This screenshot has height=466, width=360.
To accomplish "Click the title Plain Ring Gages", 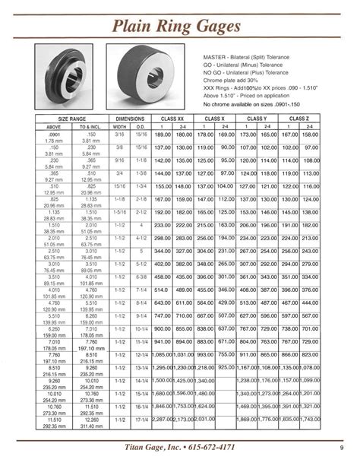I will click(178, 27).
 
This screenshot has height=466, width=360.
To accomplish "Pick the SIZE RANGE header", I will click(74, 119).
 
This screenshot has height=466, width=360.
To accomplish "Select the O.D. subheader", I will click(141, 126).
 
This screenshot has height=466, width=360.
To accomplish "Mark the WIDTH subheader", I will click(120, 126).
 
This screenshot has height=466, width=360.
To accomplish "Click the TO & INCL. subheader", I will click(90, 126).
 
